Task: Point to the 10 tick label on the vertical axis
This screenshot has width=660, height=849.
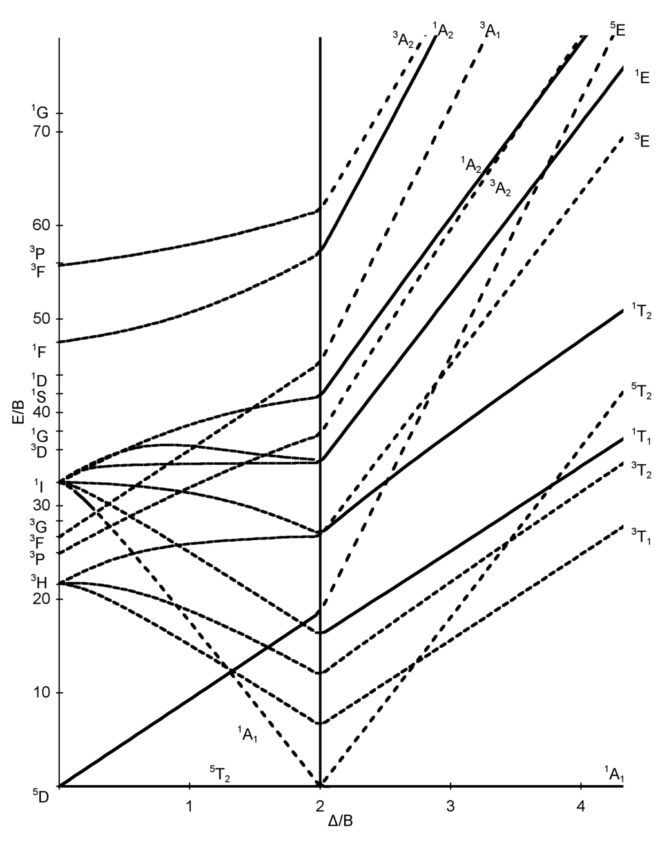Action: tap(40, 694)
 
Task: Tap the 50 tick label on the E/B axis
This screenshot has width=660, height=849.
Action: tap(40, 320)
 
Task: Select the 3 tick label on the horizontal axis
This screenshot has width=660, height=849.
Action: tap(451, 806)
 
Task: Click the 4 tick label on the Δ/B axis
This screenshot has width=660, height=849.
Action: tap(581, 806)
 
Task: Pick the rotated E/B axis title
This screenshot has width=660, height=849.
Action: tap(19, 413)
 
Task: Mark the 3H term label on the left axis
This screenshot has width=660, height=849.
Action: tap(39, 582)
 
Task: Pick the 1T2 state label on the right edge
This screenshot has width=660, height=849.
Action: tap(641, 312)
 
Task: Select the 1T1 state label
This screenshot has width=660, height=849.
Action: tap(641, 438)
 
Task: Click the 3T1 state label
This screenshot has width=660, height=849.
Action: tap(641, 534)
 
